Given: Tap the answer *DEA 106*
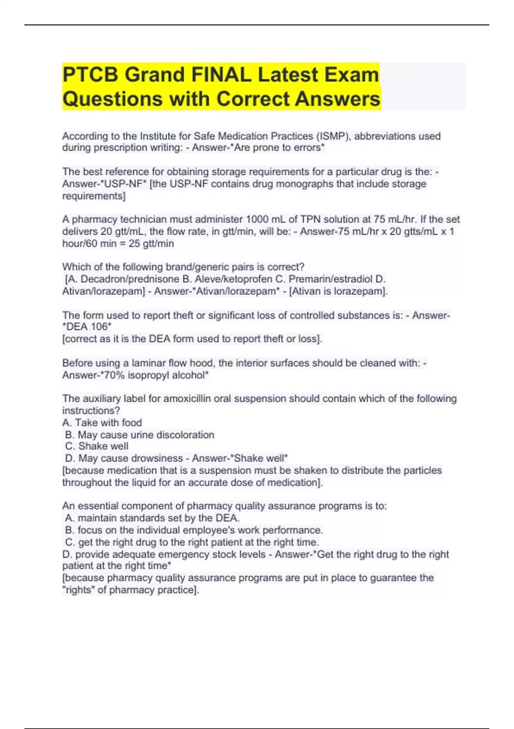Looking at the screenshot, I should (x=87, y=327).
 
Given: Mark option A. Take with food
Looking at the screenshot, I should (x=102, y=422).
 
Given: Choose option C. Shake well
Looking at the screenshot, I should (x=97, y=446).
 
